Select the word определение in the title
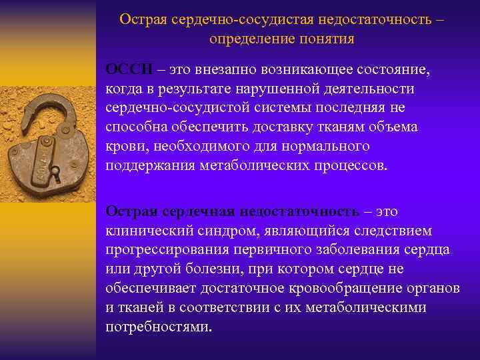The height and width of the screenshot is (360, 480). (247, 39)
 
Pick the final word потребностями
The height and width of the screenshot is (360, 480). (157, 327)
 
